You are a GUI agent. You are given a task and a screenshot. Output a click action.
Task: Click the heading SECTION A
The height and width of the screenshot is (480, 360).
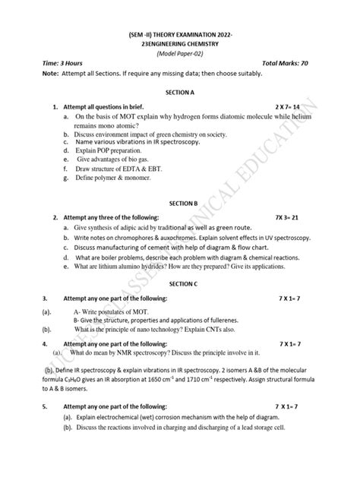click(x=180, y=90)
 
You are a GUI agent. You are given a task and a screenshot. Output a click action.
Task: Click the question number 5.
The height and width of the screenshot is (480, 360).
click(x=24, y=407)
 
